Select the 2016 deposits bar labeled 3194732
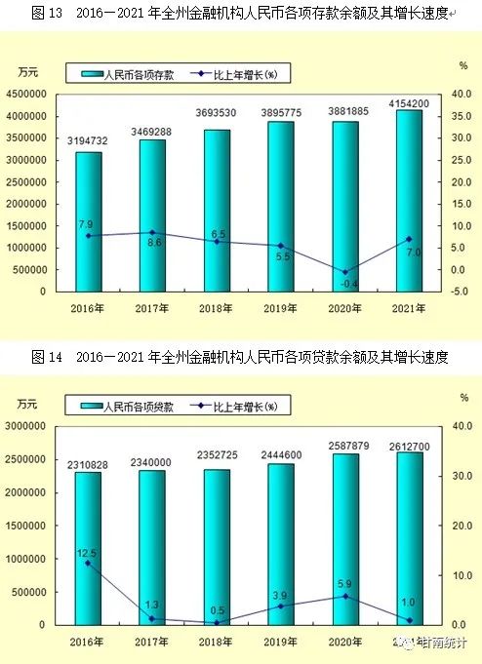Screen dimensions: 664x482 (88, 221)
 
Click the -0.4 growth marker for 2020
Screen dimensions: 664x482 (344, 272)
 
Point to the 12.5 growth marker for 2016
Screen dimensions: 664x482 (88, 563)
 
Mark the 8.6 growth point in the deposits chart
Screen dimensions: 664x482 (152, 232)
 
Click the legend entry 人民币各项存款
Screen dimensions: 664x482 (128, 74)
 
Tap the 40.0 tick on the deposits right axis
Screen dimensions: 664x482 (456, 95)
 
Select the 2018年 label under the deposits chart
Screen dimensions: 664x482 (217, 308)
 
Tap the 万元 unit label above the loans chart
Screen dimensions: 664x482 (28, 403)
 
